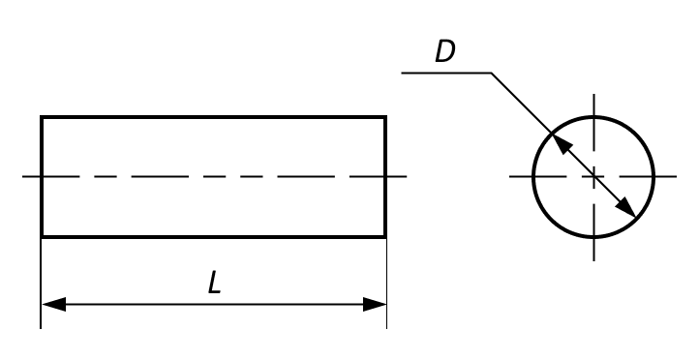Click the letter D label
(x=445, y=51)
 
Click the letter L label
(x=214, y=283)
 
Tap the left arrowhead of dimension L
(x=53, y=304)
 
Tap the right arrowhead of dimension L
(x=375, y=304)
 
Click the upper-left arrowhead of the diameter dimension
(x=562, y=142)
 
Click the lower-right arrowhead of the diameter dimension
(x=625, y=207)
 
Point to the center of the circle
(x=593, y=177)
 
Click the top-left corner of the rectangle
(x=42, y=117)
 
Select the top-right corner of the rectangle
(x=385, y=117)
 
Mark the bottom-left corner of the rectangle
(x=42, y=236)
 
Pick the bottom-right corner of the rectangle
(x=385, y=236)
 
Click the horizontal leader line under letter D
(x=446, y=73)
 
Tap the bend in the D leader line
(x=491, y=73)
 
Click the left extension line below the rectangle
(x=41, y=284)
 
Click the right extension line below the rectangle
(x=386, y=284)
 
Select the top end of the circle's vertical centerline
(x=593, y=94)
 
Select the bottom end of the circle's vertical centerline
(x=593, y=260)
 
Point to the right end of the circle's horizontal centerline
(x=677, y=177)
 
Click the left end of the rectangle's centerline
(x=22, y=177)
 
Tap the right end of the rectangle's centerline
(x=407, y=177)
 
